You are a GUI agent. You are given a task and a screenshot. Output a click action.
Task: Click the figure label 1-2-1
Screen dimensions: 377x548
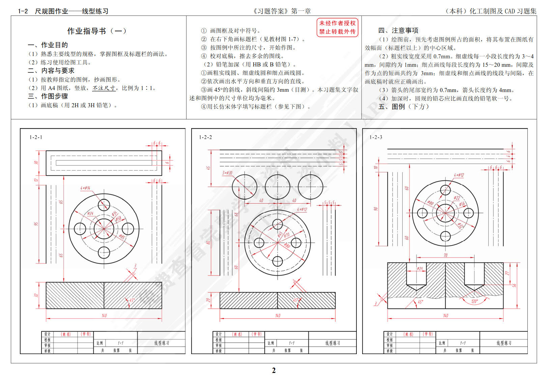(36, 137)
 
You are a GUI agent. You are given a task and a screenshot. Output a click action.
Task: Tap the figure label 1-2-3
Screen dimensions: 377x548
(376, 137)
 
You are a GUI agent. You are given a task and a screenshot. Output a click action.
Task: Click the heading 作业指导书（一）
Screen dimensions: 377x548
(97, 31)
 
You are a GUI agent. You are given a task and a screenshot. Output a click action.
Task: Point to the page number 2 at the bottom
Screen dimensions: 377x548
(274, 370)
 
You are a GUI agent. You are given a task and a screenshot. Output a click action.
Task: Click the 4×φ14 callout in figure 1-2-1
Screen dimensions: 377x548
(85, 188)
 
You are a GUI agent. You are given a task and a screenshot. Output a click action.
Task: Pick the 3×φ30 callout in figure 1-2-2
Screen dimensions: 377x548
(227, 173)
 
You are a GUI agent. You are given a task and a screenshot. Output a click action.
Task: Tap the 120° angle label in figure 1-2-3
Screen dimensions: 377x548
(474, 301)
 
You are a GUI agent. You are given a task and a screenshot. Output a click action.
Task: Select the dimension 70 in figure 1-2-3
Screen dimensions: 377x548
(445, 255)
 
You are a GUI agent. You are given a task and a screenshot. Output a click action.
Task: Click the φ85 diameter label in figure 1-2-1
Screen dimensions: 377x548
(122, 237)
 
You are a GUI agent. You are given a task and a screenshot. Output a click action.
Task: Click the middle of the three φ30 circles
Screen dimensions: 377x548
(278, 186)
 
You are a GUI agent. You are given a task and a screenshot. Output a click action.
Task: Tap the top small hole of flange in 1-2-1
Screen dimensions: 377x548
(104, 205)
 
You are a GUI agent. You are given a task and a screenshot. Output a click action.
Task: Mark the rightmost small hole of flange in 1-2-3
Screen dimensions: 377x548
(468, 213)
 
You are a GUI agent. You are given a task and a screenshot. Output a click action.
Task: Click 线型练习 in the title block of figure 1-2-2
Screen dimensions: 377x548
(333, 343)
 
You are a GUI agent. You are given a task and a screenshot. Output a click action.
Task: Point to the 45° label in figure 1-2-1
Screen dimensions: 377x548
(132, 300)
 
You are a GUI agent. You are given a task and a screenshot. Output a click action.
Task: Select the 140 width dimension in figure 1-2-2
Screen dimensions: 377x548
(278, 316)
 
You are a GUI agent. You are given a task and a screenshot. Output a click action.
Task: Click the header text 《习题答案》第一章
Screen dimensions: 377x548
(282, 11)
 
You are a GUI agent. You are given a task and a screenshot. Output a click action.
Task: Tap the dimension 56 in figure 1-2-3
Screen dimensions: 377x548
(514, 285)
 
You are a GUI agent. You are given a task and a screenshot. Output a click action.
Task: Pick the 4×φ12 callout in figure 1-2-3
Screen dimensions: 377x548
(459, 175)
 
